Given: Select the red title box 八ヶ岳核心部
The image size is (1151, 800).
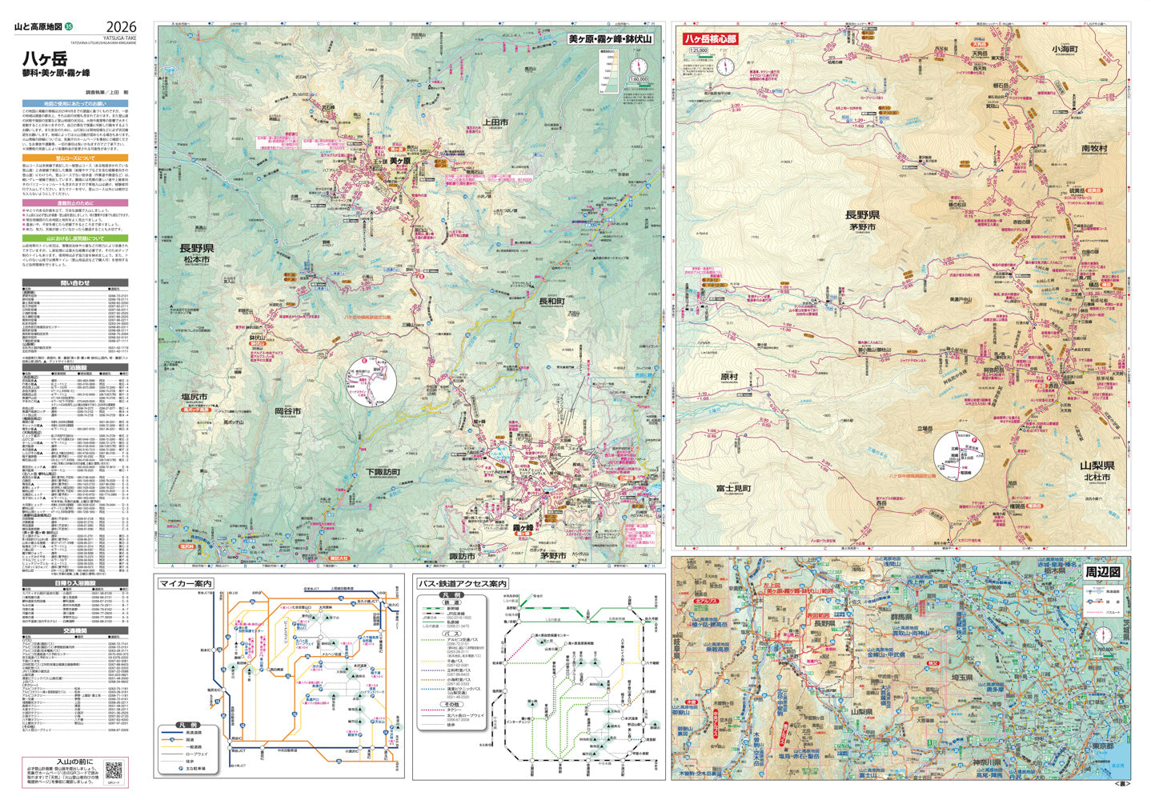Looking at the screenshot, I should tap(709, 38).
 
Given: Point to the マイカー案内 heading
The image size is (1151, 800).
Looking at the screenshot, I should tap(186, 583).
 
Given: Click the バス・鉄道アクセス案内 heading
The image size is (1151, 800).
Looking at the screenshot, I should tap(463, 583).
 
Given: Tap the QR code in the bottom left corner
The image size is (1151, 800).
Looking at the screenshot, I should tap(113, 771).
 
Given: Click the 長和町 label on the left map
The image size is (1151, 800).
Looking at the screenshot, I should tap(551, 302).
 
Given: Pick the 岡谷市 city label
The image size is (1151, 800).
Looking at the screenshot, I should tap(287, 411).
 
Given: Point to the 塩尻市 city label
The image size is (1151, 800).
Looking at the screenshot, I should tap(194, 398).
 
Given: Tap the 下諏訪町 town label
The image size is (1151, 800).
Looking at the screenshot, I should tap(382, 473).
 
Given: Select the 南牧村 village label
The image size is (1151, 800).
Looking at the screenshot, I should tap(1094, 148).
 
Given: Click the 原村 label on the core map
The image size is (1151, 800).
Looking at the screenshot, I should tap(728, 376).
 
